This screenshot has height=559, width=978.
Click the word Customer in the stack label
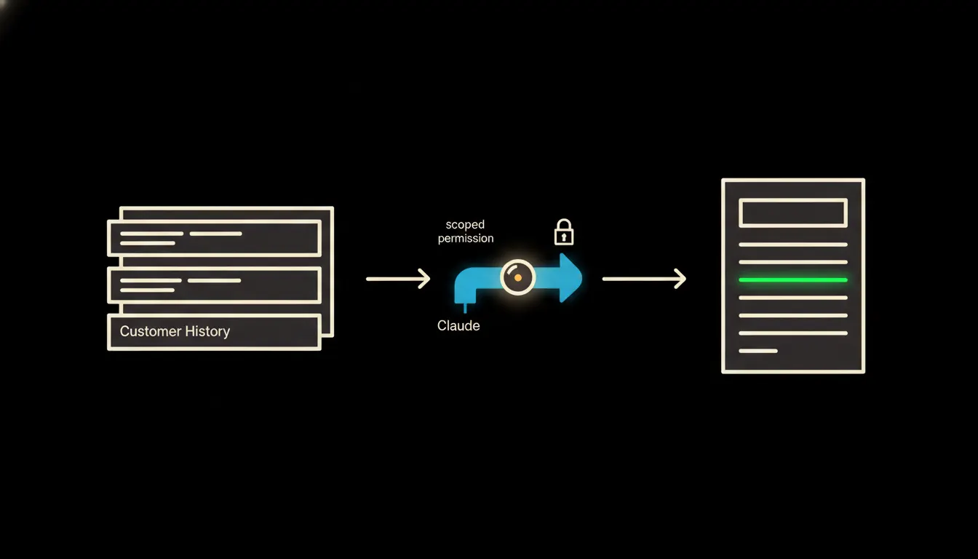pyautogui.click(x=150, y=331)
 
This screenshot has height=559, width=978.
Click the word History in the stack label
pyautogui.click(x=207, y=331)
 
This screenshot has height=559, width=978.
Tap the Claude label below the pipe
pyautogui.click(x=458, y=325)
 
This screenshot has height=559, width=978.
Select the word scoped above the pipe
pyautogui.click(x=465, y=224)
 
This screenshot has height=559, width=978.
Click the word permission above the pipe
pyautogui.click(x=466, y=238)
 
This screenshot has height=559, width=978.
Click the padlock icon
pyautogui.click(x=564, y=232)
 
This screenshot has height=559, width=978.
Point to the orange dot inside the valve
pyautogui.click(x=518, y=277)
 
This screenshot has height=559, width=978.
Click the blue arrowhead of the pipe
pyautogui.click(x=570, y=278)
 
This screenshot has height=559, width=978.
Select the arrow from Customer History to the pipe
pyautogui.click(x=398, y=279)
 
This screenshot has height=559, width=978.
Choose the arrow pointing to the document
pyautogui.click(x=645, y=279)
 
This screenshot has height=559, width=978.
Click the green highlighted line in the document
pyautogui.click(x=793, y=280)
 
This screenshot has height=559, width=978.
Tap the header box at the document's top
pyautogui.click(x=793, y=213)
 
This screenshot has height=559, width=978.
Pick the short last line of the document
pyautogui.click(x=758, y=351)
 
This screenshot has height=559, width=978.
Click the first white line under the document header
pyautogui.click(x=793, y=245)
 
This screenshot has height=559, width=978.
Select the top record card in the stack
pyautogui.click(x=215, y=238)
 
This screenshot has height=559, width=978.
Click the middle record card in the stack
pyautogui.click(x=215, y=285)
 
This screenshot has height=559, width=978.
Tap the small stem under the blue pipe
pyautogui.click(x=465, y=307)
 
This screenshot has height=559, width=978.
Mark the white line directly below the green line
pyautogui.click(x=793, y=298)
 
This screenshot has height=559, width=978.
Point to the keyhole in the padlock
pyautogui.click(x=564, y=237)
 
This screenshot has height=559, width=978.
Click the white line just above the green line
pyautogui.click(x=793, y=262)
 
